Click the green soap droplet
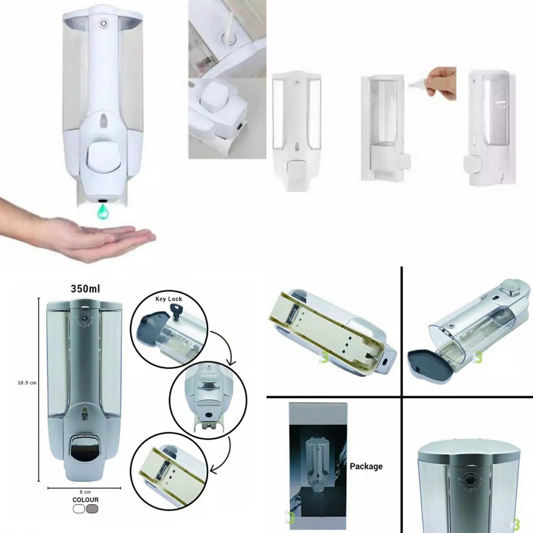tap(104, 211)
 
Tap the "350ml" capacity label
tap(85, 288)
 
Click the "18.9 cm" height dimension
tap(27, 383)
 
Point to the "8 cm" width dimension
tap(85, 492)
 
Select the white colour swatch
tap(79, 509)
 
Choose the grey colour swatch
tap(92, 509)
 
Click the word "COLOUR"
tap(85, 500)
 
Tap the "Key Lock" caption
tap(169, 299)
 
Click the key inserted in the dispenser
tap(177, 312)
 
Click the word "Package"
tap(366, 466)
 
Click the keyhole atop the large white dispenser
tap(103, 23)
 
